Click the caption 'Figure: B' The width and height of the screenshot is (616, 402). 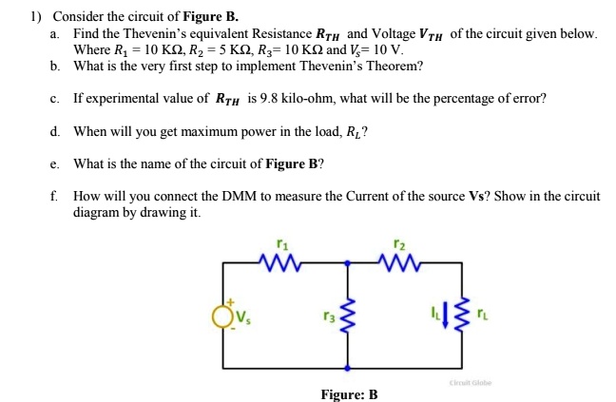click(349, 393)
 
